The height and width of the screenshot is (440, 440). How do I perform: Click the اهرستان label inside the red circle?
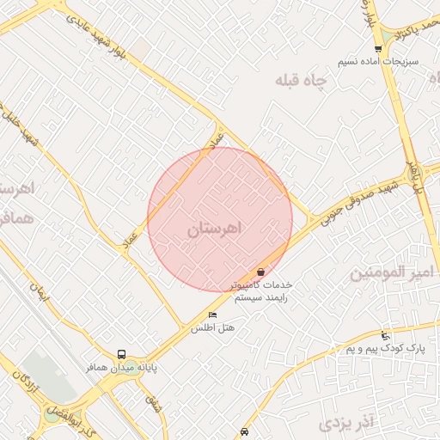pyautogui.click(x=215, y=229)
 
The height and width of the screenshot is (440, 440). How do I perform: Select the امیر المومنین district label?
pyautogui.click(x=394, y=274)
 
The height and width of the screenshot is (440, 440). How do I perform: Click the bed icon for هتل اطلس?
pyautogui.click(x=213, y=315)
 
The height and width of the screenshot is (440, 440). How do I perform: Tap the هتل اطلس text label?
pyautogui.click(x=213, y=328)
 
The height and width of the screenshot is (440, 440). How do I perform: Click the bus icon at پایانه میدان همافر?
pyautogui.click(x=121, y=354)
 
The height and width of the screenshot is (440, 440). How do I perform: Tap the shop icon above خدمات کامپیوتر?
pyautogui.click(x=261, y=272)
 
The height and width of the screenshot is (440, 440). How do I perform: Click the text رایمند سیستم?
pyautogui.click(x=261, y=296)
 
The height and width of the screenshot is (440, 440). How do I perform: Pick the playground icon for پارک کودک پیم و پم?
pyautogui.click(x=385, y=335)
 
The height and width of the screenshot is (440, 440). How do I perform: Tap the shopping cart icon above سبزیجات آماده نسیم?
pyautogui.click(x=378, y=48)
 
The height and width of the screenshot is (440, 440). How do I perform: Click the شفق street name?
pyautogui.click(x=153, y=400)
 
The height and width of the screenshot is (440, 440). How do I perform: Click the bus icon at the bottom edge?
pyautogui.click(x=246, y=431)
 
